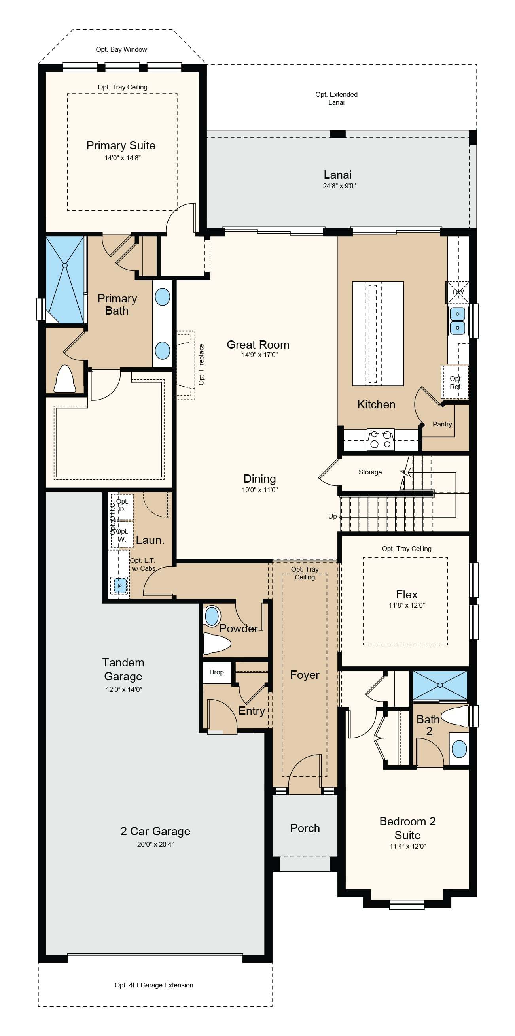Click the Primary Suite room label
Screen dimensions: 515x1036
point(121,145)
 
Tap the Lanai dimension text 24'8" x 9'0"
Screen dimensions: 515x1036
point(339,186)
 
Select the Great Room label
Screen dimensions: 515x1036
point(258,345)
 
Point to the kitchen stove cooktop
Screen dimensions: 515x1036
point(381,439)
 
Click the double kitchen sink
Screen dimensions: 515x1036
point(458,321)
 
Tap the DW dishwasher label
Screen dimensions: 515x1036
point(458,292)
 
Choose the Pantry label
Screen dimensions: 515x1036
point(442,424)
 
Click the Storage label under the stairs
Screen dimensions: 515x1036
point(370,472)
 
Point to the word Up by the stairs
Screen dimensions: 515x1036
point(332,516)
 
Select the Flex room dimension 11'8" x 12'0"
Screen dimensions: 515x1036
point(407,605)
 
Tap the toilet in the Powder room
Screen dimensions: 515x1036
point(217,643)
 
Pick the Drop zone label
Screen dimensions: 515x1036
point(216,672)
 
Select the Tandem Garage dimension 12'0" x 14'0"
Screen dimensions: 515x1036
point(124,689)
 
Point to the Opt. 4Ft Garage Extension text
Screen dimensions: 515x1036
point(154,985)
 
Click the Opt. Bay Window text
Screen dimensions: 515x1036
point(121,49)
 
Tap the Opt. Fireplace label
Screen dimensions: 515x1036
point(201,364)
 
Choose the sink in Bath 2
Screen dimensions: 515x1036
point(460,749)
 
